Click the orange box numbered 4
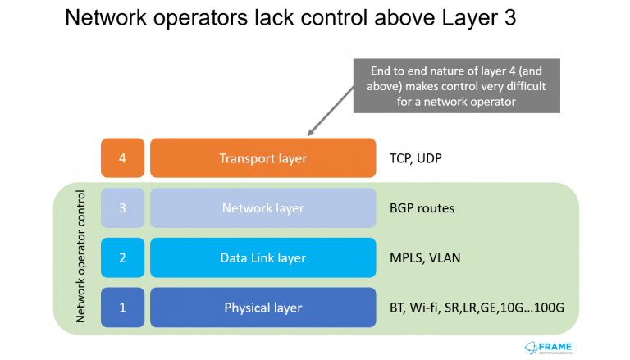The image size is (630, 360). tap(122, 158)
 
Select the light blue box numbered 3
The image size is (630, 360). tap(122, 207)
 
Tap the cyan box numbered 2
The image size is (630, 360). tap(122, 257)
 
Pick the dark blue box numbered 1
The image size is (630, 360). tap(122, 308)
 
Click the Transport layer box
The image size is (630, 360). tap(263, 158)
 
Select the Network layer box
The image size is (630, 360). tap(263, 207)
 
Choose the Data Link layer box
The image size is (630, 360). tap(263, 257)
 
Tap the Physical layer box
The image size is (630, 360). tap(263, 308)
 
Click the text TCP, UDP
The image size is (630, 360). tap(416, 159)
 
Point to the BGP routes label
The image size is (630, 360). tap(422, 208)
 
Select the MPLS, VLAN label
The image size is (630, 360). tap(425, 258)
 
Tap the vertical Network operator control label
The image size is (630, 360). tap(80, 257)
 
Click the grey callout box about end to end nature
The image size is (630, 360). tap(456, 86)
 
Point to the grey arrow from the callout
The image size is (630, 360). tap(331, 111)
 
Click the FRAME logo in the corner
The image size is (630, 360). tap(549, 348)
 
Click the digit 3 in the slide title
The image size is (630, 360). tap(510, 18)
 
